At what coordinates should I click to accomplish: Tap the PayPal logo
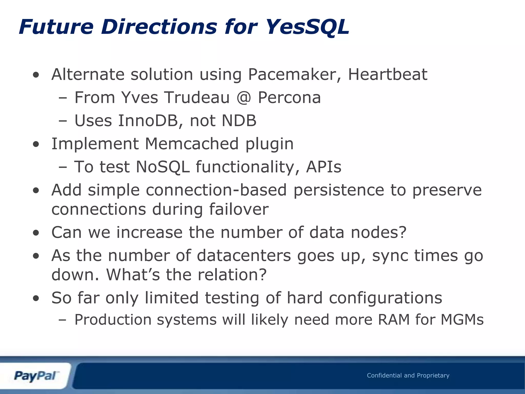coord(36,376)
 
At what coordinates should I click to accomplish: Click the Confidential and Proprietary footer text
coord(408,375)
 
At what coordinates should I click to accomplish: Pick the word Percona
coord(289,98)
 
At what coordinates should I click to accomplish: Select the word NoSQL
coord(163,167)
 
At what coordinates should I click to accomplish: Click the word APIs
coord(324,167)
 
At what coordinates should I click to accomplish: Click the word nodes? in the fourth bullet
coord(379,232)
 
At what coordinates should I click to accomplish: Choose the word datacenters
coord(244,256)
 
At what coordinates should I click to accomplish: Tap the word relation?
coord(232,275)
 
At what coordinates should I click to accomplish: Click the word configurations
coord(386,298)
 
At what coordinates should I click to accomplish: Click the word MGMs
coord(462,320)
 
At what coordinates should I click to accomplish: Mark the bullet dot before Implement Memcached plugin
coord(36,144)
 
